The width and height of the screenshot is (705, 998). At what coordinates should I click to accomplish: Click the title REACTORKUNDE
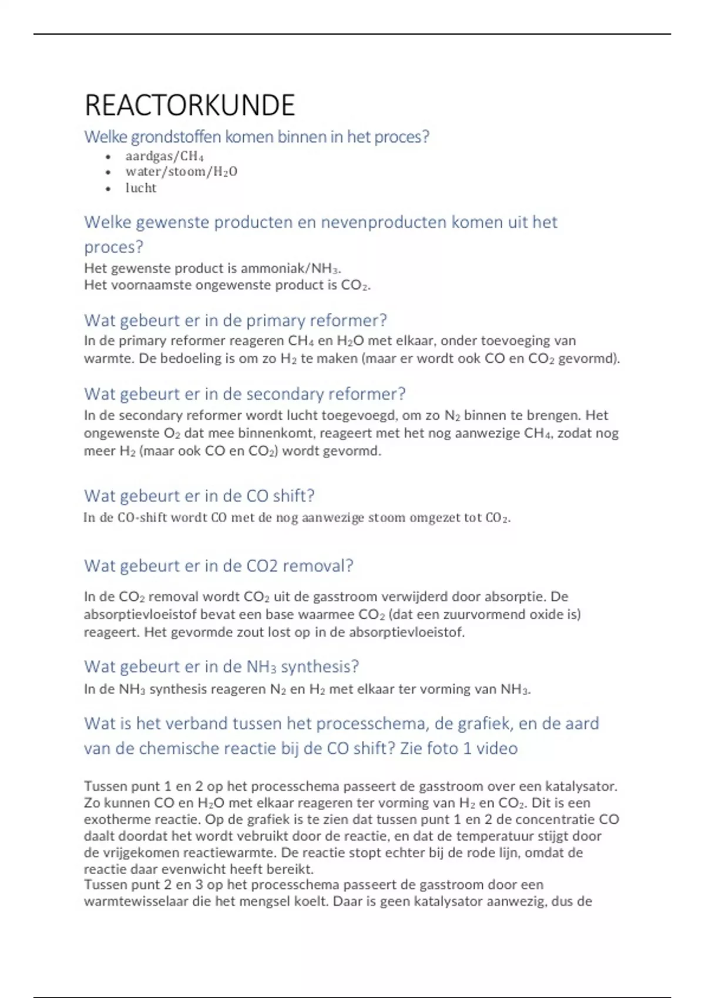tap(189, 106)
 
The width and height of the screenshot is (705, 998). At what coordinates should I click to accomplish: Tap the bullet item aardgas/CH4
tap(164, 156)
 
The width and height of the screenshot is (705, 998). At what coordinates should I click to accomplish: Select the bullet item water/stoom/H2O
tap(181, 171)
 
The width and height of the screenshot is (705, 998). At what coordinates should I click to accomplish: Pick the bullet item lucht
tap(140, 188)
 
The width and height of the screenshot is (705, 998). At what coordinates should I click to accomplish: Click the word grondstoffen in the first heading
tap(176, 137)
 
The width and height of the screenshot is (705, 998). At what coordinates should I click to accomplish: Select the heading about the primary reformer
tap(235, 320)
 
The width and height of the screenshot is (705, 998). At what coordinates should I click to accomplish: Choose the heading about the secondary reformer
tap(244, 393)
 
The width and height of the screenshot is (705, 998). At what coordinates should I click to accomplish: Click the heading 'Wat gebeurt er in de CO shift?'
tap(199, 495)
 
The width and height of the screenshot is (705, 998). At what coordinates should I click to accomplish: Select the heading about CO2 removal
tap(218, 565)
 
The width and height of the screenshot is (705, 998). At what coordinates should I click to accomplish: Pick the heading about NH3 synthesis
tap(221, 666)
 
